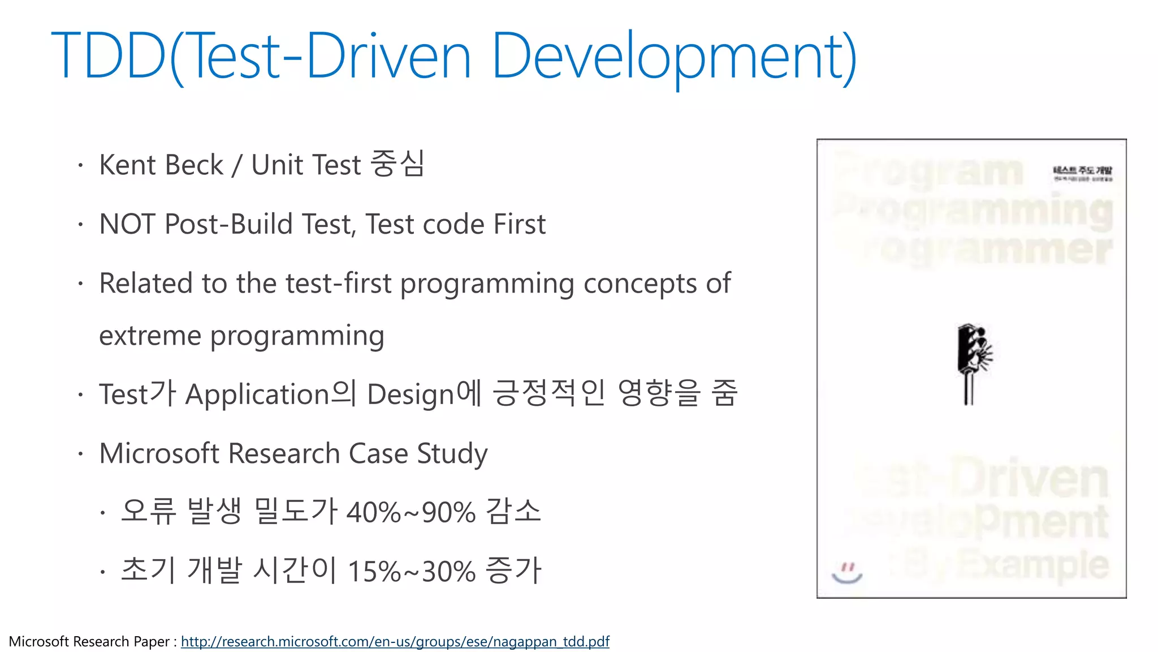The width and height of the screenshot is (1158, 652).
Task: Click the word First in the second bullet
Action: [519, 224]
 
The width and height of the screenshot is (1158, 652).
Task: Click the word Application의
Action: [271, 394]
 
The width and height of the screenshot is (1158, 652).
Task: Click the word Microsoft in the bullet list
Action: [159, 453]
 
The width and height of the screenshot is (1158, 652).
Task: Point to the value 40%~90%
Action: [411, 513]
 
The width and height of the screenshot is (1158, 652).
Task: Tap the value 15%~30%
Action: [411, 572]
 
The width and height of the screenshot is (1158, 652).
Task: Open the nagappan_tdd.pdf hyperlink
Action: [395, 642]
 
